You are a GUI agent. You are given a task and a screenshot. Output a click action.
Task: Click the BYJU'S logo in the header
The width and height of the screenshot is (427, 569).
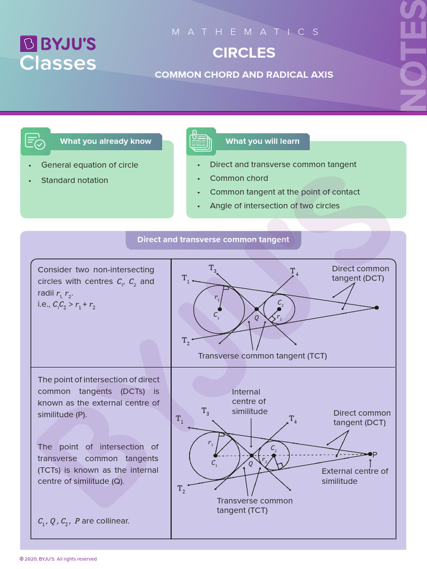58,53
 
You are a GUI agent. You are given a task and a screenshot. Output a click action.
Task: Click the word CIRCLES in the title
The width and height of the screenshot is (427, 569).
244,53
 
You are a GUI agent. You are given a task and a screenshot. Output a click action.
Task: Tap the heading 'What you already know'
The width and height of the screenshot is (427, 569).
105,141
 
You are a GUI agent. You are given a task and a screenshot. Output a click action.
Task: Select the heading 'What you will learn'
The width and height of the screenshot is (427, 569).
262,141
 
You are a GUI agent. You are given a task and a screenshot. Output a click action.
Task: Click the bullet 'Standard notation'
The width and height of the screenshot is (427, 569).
75,180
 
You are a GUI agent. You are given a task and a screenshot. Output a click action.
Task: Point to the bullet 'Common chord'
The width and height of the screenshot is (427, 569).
239,178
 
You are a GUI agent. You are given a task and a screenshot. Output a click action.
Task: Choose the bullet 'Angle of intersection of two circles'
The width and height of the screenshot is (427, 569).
275,206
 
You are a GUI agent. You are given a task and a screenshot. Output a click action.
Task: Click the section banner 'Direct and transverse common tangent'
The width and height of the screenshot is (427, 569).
213,239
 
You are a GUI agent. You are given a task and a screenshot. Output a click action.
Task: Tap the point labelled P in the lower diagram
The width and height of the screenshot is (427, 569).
370,454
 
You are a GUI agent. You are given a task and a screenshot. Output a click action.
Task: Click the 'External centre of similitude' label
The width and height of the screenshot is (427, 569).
355,476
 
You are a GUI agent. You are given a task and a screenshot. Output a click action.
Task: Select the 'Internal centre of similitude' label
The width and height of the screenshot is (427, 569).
249,402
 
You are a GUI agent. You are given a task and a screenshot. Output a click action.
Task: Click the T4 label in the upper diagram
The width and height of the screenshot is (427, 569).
294,272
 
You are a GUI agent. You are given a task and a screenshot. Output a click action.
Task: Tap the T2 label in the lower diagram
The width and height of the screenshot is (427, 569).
181,489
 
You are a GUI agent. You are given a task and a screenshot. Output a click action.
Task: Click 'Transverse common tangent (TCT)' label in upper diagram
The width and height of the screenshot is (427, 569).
262,356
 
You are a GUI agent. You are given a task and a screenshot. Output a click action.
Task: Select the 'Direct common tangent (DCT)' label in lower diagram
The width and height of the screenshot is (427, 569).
362,418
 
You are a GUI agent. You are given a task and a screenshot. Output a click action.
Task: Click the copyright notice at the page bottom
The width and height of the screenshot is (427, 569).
58,559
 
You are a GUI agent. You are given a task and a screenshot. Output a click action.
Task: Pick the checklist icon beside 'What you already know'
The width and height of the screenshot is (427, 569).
36,141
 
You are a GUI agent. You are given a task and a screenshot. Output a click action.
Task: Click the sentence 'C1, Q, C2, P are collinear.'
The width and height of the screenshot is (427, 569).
83,521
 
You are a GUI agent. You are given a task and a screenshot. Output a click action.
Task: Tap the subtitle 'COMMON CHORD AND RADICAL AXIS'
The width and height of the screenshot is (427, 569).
244,74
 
